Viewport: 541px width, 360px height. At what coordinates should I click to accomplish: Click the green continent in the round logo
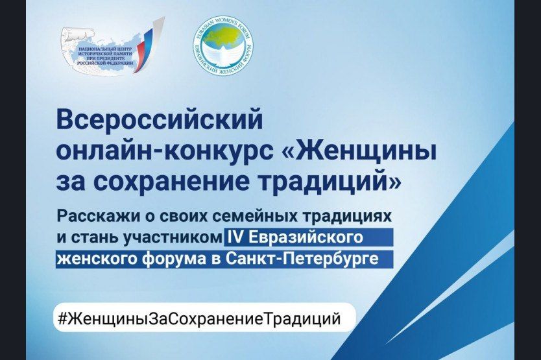point(224,42)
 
